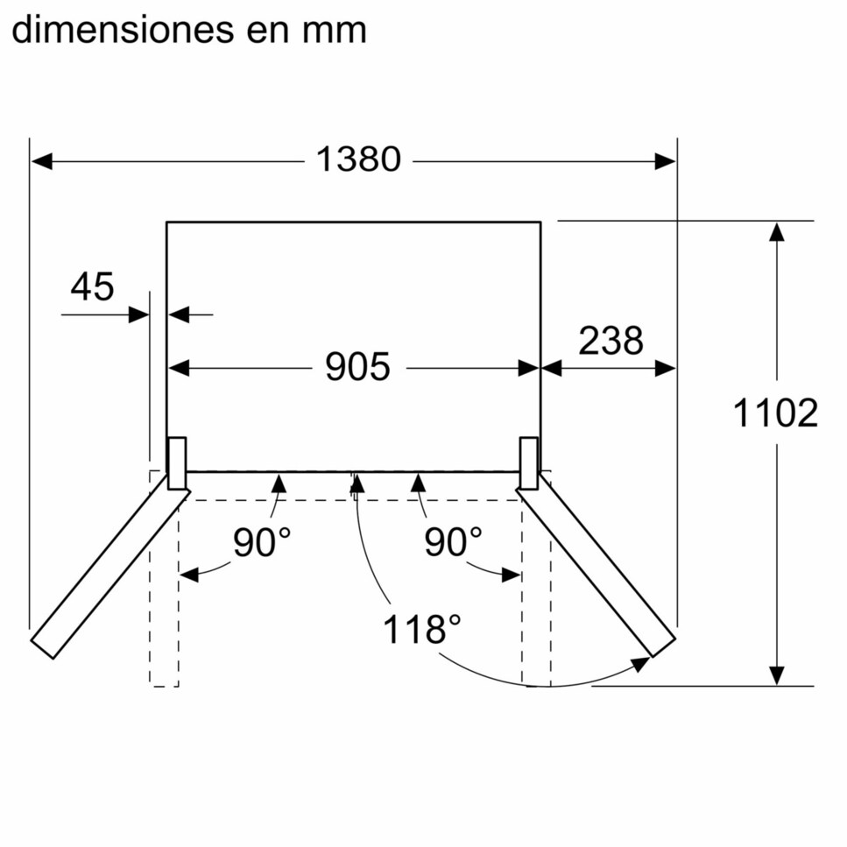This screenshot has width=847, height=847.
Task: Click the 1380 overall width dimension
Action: pyautogui.click(x=358, y=159)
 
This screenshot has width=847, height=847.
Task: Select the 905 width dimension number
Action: pyautogui.click(x=357, y=367)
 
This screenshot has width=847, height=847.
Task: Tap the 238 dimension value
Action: pyautogui.click(x=611, y=341)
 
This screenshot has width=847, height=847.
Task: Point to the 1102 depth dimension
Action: pyautogui.click(x=776, y=413)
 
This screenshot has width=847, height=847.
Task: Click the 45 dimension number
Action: pyautogui.click(x=92, y=286)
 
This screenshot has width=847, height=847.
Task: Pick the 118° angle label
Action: pyautogui.click(x=422, y=629)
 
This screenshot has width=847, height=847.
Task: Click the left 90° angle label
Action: pyautogui.click(x=262, y=542)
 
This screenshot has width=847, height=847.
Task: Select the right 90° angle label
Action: pyautogui.click(x=453, y=542)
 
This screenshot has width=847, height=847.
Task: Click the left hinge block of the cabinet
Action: pyautogui.click(x=177, y=463)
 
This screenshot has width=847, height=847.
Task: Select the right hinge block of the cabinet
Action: pyautogui.click(x=529, y=463)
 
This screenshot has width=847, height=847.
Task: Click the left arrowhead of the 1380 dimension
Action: pyautogui.click(x=41, y=161)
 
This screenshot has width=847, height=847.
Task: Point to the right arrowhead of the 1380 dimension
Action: pyautogui.click(x=665, y=161)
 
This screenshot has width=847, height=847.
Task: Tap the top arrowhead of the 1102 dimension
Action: pyautogui.click(x=777, y=232)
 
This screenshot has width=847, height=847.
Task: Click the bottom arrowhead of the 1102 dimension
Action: pyautogui.click(x=777, y=676)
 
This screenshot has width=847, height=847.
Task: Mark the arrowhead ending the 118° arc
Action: pyautogui.click(x=641, y=664)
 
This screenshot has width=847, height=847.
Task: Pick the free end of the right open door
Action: pyautogui.click(x=665, y=647)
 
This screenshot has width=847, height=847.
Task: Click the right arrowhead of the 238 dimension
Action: pyautogui.click(x=665, y=369)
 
